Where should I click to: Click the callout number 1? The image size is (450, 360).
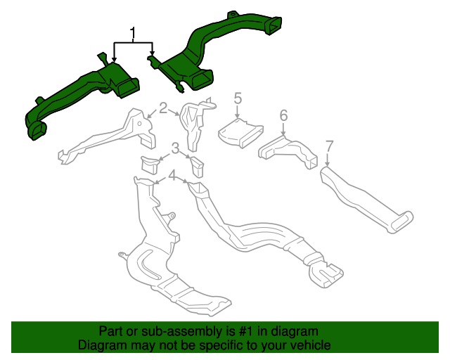132,32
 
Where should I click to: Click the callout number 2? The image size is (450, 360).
163,108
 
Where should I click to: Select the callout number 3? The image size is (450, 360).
175,148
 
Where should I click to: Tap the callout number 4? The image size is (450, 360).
171,174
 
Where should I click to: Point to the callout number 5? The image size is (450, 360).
238,98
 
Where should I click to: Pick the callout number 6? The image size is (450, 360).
283,115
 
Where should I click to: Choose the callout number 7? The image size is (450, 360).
328,148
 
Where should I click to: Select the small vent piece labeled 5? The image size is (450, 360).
239,132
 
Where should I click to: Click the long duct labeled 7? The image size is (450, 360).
362,200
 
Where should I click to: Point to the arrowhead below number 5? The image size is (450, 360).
238,120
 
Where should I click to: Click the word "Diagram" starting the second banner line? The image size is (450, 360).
103,346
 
